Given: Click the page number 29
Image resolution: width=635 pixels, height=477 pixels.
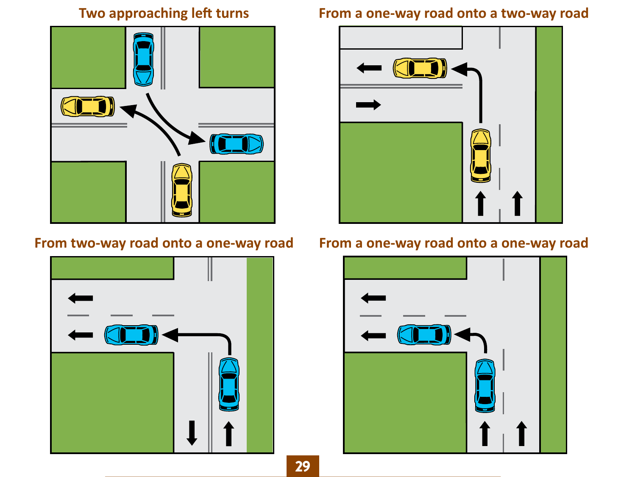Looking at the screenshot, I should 302,466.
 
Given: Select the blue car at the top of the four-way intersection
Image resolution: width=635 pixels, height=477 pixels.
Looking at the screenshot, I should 144,59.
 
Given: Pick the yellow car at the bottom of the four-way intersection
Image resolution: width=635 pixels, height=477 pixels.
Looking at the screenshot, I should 182,190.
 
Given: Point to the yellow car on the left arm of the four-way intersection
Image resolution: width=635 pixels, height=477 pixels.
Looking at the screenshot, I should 88,106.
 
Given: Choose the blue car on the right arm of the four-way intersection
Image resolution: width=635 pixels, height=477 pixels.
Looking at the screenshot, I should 237,144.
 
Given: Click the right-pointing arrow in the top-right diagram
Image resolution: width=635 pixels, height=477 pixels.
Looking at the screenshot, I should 368,105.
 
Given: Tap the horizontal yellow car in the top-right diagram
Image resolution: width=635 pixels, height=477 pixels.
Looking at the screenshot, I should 420,68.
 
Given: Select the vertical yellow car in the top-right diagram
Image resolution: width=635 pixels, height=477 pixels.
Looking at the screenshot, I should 481,156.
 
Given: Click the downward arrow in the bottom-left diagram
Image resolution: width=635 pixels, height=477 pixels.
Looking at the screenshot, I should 192,432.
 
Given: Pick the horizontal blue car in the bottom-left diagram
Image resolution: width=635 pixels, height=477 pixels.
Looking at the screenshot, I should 131,335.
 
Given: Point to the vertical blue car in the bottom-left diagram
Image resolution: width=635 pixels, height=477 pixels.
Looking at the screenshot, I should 229,384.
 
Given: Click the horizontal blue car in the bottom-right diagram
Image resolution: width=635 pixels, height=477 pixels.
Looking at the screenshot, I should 424,335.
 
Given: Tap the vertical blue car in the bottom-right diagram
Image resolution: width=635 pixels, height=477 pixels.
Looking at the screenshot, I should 485,385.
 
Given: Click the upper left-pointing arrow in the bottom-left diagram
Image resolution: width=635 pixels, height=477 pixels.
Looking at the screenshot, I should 81,298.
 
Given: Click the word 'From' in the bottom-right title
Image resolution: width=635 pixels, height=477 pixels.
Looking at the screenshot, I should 335,243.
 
